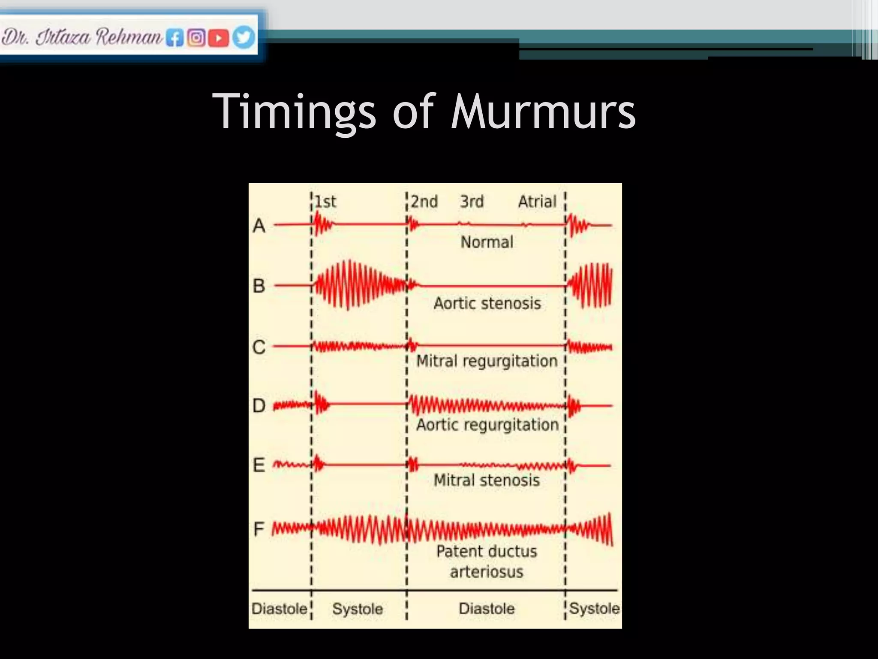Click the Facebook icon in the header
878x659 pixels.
pyautogui.click(x=175, y=38)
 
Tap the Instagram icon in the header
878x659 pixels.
pyautogui.click(x=196, y=38)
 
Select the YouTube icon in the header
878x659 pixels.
pyautogui.click(x=218, y=38)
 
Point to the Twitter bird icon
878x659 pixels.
pyautogui.click(x=244, y=37)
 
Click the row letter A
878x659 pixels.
pyautogui.click(x=259, y=226)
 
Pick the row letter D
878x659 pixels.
pyautogui.click(x=259, y=405)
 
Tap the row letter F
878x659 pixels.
pyautogui.click(x=259, y=529)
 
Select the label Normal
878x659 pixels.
pyautogui.click(x=487, y=242)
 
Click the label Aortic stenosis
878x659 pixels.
pyautogui.click(x=487, y=303)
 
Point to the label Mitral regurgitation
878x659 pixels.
pyautogui.click(x=487, y=361)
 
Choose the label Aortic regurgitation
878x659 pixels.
pyautogui.click(x=487, y=425)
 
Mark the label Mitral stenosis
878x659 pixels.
pyautogui.click(x=487, y=480)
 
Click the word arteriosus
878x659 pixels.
pyautogui.click(x=487, y=572)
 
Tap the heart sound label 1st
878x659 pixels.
pyautogui.click(x=326, y=202)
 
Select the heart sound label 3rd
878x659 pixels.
pyautogui.click(x=472, y=202)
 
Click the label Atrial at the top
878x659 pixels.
pyautogui.click(x=537, y=202)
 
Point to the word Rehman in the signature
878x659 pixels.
pyautogui.click(x=129, y=37)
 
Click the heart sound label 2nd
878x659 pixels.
pyautogui.click(x=424, y=202)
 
